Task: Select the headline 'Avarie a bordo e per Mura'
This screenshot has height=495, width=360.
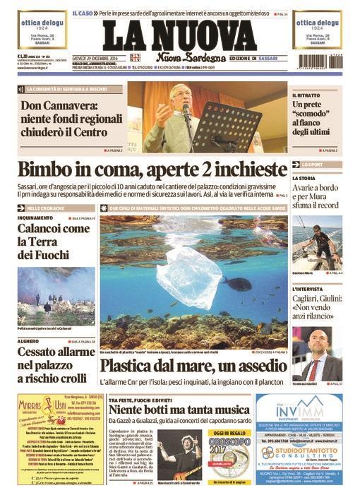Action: pos(317,193)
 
